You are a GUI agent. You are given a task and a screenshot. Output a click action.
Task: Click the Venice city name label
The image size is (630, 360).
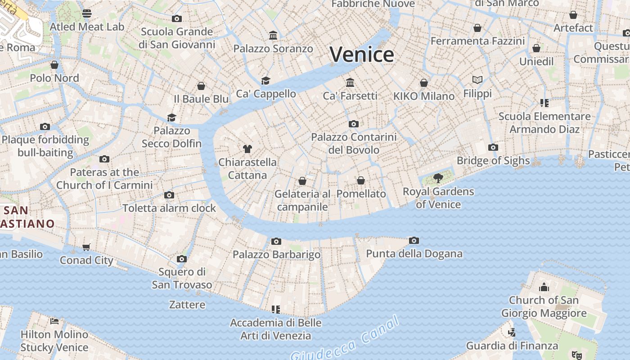tap(362, 54)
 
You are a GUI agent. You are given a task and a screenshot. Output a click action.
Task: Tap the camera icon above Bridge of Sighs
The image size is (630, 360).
tap(493, 148)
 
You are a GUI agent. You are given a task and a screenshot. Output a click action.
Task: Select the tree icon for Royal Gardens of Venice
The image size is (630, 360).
tap(438, 178)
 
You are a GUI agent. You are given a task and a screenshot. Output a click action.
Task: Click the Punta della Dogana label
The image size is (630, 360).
tap(414, 254)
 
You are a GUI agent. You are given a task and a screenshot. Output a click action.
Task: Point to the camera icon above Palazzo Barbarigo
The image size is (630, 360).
tap(276, 242)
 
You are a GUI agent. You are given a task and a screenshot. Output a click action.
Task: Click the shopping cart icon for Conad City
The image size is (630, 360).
tap(86, 247)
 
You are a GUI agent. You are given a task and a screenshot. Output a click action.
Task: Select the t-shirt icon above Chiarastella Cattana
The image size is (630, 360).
tap(247, 148)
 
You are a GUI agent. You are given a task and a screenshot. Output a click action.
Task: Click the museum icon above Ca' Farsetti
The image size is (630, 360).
tap(350, 82)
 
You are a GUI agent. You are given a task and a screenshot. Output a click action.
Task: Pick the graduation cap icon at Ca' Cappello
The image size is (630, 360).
tap(265, 81)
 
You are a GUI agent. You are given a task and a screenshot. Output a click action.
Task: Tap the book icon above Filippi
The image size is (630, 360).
tap(477, 80)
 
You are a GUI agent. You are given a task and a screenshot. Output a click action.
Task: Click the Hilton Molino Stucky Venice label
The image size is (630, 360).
tap(54, 341)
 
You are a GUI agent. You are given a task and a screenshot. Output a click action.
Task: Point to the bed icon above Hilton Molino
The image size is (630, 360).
tap(54, 321)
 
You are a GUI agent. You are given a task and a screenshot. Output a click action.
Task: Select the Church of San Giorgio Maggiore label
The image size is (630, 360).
tap(544, 306)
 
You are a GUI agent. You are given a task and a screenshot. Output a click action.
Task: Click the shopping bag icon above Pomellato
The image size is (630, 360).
tap(361, 180)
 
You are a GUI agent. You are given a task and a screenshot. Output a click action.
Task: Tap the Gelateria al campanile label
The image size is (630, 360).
tap(302, 200)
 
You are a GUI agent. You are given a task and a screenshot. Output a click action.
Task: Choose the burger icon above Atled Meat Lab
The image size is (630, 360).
tap(87, 13)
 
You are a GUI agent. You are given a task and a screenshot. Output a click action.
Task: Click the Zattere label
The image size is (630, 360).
tap(187, 305)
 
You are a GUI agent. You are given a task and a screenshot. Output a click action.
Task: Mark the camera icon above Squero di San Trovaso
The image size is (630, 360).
tap(182, 259)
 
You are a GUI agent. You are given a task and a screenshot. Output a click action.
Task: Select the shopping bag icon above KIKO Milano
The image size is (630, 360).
tap(423, 83)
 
